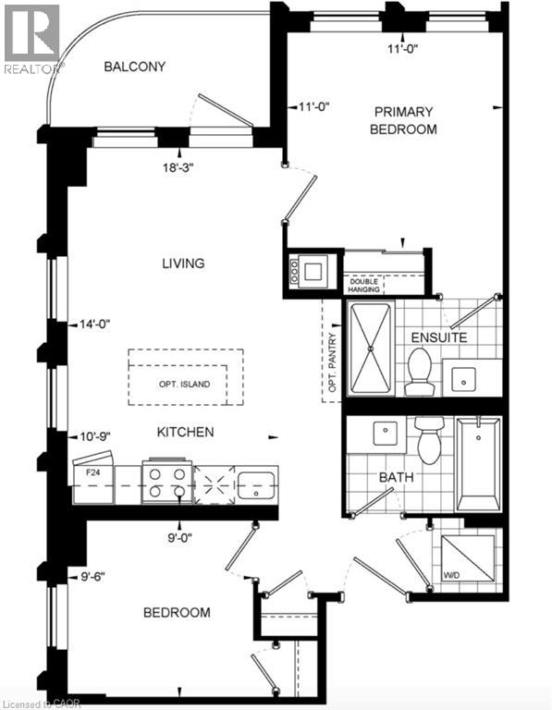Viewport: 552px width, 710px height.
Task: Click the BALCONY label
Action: (x=134, y=67)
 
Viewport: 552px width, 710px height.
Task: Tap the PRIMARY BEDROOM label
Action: (x=403, y=120)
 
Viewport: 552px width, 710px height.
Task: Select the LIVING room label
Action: (x=183, y=263)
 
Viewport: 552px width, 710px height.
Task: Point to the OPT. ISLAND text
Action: (x=184, y=384)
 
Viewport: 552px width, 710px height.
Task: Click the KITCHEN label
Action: (x=185, y=432)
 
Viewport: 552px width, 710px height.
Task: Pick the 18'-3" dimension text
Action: (x=178, y=167)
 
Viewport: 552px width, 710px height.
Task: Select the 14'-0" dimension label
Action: (x=95, y=324)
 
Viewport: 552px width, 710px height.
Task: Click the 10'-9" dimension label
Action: (x=95, y=436)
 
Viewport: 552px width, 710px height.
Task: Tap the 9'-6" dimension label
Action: (x=92, y=577)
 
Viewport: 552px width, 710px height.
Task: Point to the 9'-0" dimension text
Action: (x=179, y=538)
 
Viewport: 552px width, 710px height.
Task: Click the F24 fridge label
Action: (x=93, y=471)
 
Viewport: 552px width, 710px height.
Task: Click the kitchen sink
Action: (x=256, y=485)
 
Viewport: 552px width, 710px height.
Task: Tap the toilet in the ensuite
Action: (x=419, y=372)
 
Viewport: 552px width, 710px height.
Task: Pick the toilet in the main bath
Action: (x=429, y=440)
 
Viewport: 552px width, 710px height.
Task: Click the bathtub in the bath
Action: (x=479, y=464)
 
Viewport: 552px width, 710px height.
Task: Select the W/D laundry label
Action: (x=451, y=575)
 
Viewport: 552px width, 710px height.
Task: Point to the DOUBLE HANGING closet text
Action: (x=363, y=286)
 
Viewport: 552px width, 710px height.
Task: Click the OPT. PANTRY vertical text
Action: (x=333, y=362)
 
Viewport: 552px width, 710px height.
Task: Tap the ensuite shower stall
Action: (x=371, y=349)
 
